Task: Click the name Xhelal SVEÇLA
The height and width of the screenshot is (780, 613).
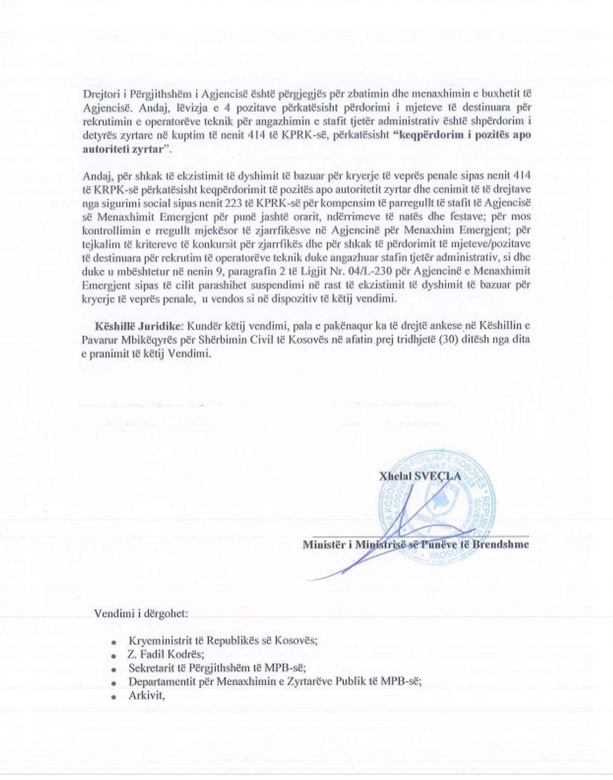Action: click(420, 475)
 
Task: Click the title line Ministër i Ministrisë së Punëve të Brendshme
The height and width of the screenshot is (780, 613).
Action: click(415, 544)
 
